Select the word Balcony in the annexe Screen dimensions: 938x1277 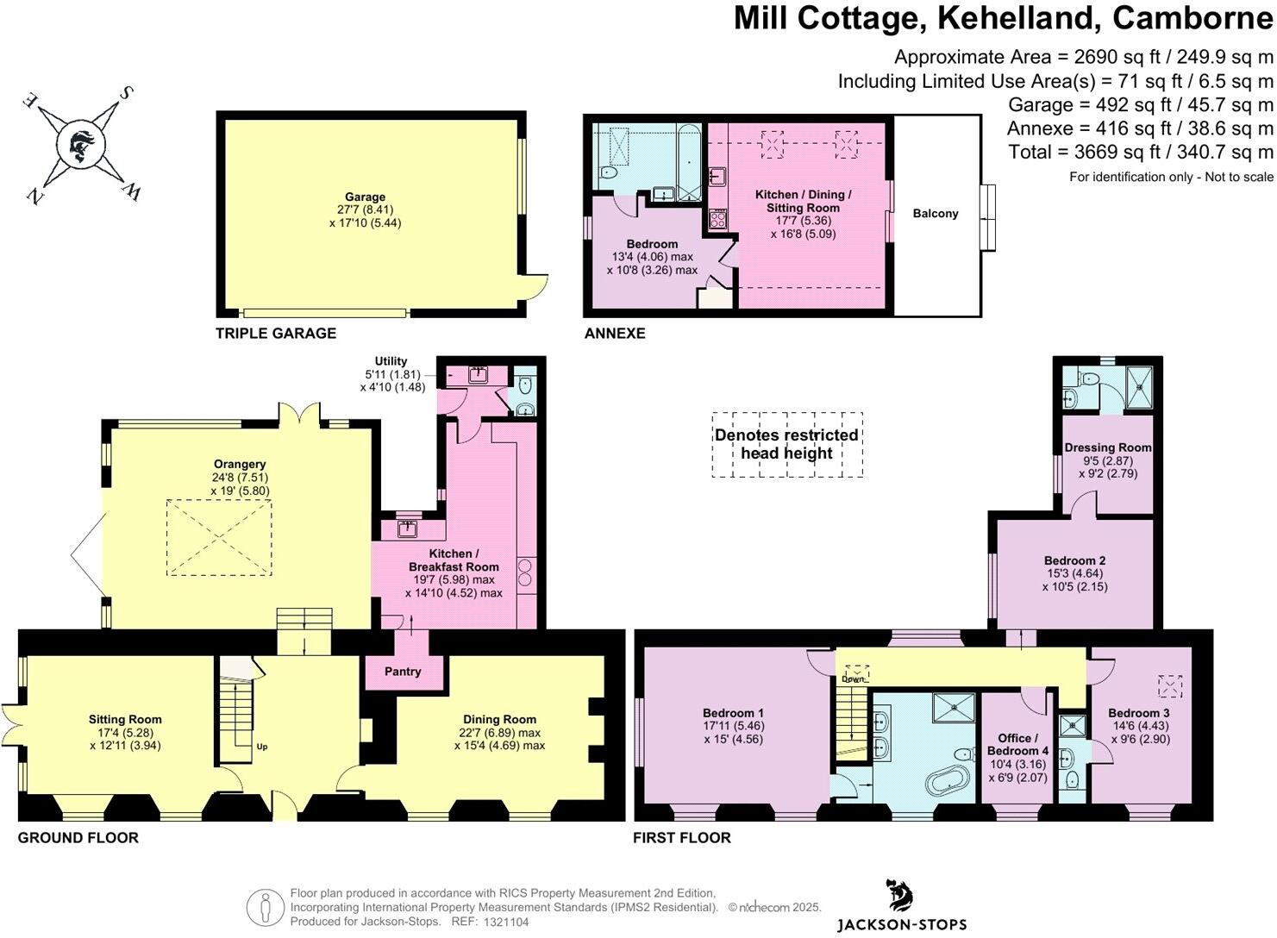point(935,214)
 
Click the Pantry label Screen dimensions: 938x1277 point(403,672)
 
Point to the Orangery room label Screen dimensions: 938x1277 point(241,464)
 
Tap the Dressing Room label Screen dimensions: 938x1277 point(1107,447)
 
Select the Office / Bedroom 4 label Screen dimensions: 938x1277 point(1017,744)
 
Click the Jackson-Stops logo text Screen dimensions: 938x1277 point(901,924)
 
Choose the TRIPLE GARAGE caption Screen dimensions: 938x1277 point(275,333)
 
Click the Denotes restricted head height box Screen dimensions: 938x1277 point(786,444)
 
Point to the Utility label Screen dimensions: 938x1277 point(391,361)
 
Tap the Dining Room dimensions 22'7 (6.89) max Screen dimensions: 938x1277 point(499,732)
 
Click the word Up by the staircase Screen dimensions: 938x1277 point(261,747)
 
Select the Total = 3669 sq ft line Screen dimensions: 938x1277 point(1140,152)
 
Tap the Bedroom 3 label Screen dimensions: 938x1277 point(1138,713)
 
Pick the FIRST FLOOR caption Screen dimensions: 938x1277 point(681,837)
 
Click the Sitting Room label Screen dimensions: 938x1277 point(125,719)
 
